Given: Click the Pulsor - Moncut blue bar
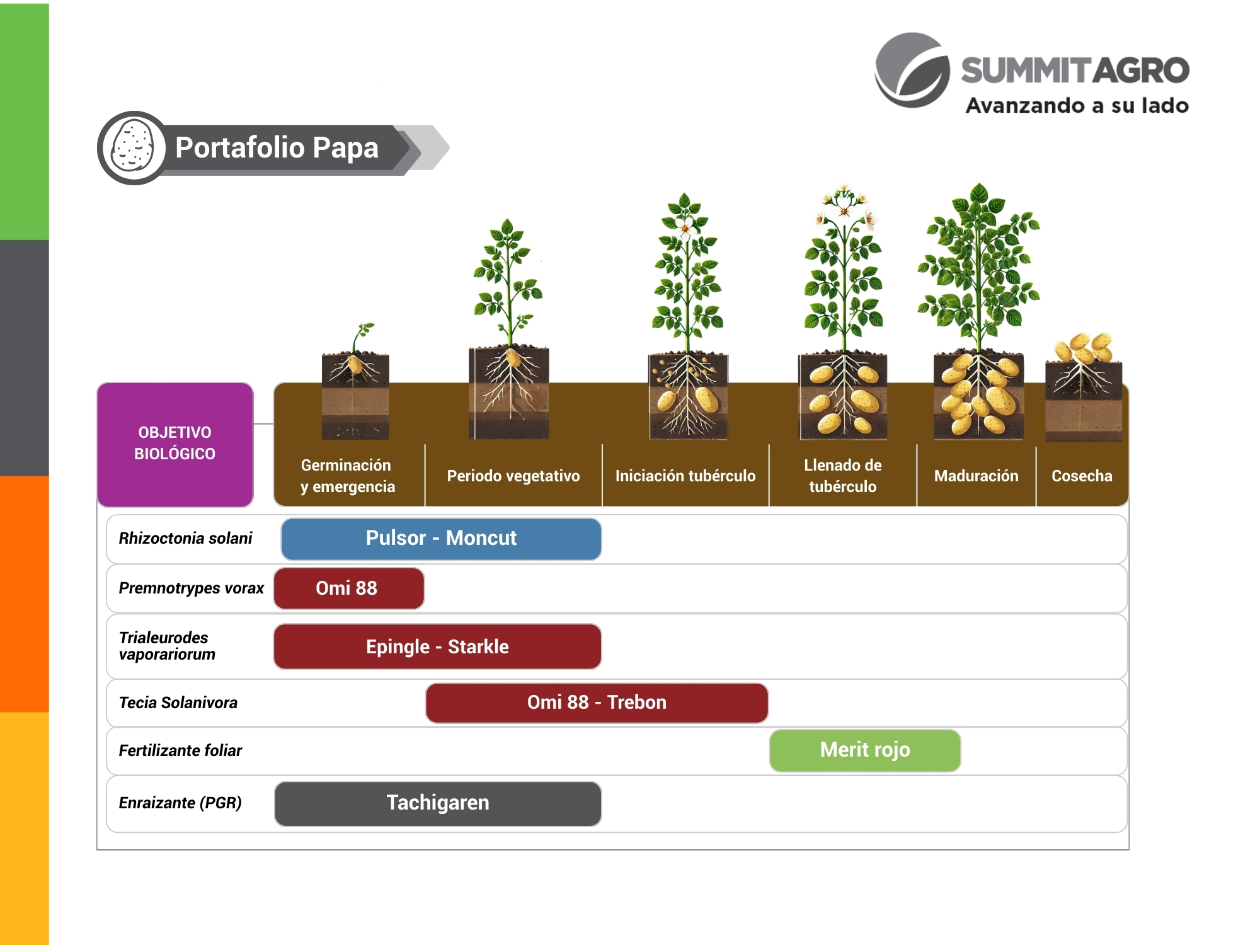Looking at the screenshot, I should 441,539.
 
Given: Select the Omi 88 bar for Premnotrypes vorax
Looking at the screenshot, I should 348,588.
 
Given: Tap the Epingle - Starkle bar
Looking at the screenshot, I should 437,647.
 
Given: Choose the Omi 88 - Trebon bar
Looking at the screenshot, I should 597,702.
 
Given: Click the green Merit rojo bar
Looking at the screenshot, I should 865,750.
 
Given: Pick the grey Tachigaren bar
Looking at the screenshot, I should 438,803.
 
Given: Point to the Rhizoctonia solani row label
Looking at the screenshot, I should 185,539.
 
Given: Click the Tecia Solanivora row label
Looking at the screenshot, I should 178,703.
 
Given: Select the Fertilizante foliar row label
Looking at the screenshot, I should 180,751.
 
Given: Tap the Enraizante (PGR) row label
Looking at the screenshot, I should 180,803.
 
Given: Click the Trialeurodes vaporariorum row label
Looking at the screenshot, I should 167,646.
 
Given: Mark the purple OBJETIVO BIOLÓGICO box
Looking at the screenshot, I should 175,444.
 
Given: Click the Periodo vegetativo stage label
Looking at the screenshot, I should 513,476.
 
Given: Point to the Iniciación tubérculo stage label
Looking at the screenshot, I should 685,476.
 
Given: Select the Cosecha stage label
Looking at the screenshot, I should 1082,476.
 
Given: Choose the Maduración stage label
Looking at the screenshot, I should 976,476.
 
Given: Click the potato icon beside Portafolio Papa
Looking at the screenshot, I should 132,148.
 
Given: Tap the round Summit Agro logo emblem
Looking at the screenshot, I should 912,71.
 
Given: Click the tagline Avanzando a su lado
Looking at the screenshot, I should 1077,106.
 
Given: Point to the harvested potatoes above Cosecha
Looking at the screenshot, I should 1083,348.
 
